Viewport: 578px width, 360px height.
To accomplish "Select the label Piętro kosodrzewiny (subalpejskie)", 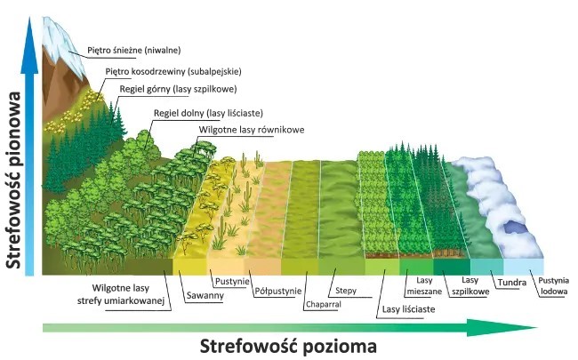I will coord(173,71).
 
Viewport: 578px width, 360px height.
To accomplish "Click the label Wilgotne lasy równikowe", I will coord(252,130).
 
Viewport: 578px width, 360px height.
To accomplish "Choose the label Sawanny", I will coord(204,295).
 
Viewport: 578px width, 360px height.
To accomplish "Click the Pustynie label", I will coord(230,281).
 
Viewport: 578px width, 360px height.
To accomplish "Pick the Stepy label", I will coord(346,290).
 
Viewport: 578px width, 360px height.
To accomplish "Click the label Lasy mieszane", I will coord(418,285).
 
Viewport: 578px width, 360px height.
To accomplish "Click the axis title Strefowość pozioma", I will coord(287,344).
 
